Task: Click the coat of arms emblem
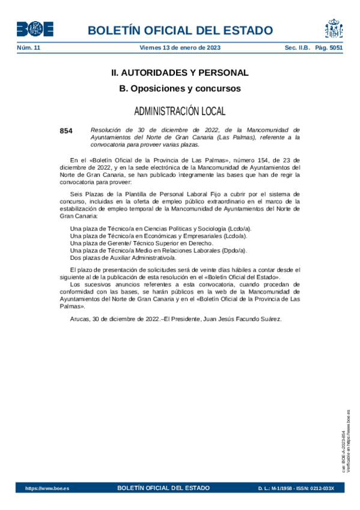pos(334,29)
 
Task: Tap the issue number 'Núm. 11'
pos(28,47)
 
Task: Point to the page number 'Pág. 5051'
pos(329,47)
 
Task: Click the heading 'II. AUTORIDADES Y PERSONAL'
pos(180,73)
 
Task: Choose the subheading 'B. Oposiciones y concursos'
pos(180,88)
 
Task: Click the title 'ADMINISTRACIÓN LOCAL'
pos(180,111)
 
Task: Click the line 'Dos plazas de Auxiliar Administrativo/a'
pos(123,258)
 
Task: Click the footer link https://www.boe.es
pos(47,488)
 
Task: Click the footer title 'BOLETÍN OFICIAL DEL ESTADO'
pos(163,488)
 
